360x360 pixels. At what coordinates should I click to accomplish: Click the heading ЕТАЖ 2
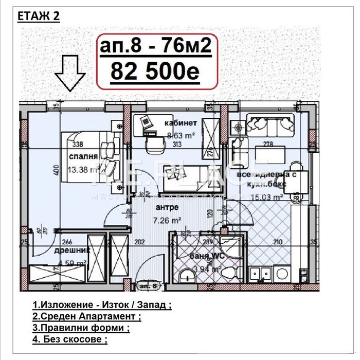pos(39,16)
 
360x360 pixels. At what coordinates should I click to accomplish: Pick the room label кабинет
pos(181,123)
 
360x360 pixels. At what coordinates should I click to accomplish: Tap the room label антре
pos(167,207)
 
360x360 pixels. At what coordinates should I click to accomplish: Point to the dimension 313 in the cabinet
pos(164,145)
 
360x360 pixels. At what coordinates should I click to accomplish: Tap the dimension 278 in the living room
pos(267,144)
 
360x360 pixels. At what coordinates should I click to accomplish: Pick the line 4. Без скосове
pos(70,339)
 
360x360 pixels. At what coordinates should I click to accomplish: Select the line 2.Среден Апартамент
pos(86,316)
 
